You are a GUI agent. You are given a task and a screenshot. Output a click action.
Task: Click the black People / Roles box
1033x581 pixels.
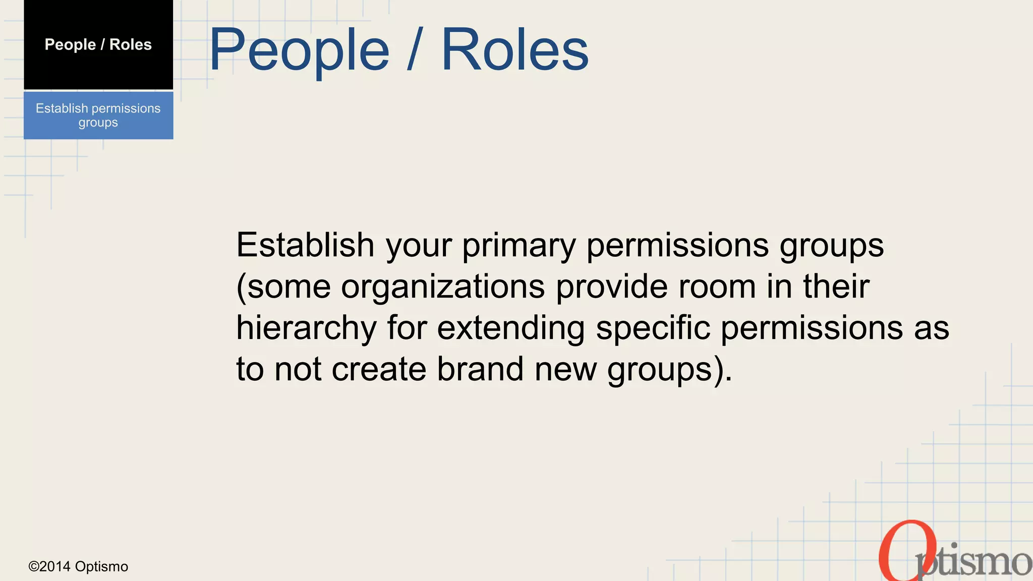tap(98, 44)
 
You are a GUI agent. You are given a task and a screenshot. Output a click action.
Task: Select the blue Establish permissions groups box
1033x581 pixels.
tap(98, 115)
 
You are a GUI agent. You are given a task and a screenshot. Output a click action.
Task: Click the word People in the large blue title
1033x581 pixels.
tap(299, 50)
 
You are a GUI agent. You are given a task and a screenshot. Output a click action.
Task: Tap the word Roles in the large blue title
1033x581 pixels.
tap(515, 49)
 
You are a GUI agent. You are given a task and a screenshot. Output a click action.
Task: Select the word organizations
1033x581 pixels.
tap(443, 286)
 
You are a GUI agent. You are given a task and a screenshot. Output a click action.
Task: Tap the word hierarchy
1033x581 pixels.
tap(306, 328)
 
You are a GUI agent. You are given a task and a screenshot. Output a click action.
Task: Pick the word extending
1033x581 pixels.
tap(510, 328)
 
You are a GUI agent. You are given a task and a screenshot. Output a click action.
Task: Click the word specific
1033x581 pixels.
tap(653, 328)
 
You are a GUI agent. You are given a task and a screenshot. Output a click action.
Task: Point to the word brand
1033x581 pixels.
tap(480, 369)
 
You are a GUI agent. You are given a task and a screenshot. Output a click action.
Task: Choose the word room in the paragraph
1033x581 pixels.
tap(717, 286)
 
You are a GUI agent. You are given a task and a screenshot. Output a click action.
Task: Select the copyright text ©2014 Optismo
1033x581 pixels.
tap(78, 566)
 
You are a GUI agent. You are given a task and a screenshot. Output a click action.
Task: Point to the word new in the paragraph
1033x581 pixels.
tap(565, 369)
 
